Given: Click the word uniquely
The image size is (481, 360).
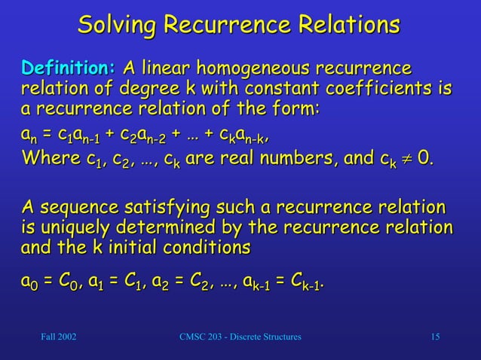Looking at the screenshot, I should point(73,227).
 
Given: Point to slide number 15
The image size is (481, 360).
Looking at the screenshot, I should point(435,336).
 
